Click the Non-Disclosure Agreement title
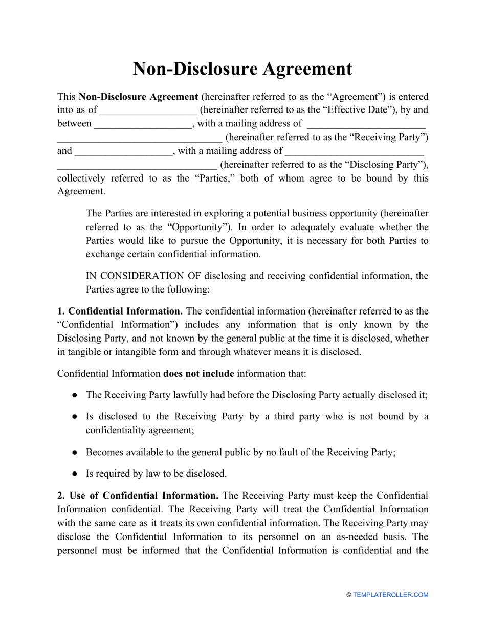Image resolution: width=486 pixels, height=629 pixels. pyautogui.click(x=242, y=69)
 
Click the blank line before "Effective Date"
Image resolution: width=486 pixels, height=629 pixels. pyautogui.click(x=148, y=110)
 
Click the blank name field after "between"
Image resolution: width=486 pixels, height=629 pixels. pyautogui.click(x=143, y=124)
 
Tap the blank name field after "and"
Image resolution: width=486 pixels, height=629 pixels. pyautogui.click(x=123, y=151)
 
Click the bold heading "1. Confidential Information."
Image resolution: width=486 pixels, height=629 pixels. pyautogui.click(x=120, y=311)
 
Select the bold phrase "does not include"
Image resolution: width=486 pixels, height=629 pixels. pyautogui.click(x=198, y=374)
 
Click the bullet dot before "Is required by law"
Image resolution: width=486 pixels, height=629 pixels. pyautogui.click(x=75, y=474)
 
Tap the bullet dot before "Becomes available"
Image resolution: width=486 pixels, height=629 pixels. pyautogui.click(x=75, y=453)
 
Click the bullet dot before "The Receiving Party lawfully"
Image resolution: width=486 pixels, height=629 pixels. pyautogui.click(x=75, y=395)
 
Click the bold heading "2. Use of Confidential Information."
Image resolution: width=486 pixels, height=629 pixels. pyautogui.click(x=138, y=496)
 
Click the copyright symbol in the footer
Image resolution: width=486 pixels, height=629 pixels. pyautogui.click(x=349, y=595)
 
